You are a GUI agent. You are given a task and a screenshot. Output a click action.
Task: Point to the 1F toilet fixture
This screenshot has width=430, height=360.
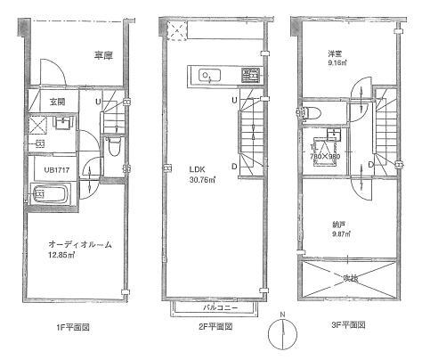pyautogui.click(x=114, y=148)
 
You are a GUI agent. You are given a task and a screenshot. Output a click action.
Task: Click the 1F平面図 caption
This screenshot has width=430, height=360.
pyautogui.click(x=72, y=327)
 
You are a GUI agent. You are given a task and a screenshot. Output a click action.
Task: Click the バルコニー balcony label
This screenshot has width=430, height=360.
pyautogui.click(x=215, y=307)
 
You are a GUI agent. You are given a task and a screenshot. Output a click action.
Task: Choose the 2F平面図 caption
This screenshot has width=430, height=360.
pyautogui.click(x=214, y=327)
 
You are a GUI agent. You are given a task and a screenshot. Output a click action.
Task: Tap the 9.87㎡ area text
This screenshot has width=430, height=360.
pyautogui.click(x=342, y=235)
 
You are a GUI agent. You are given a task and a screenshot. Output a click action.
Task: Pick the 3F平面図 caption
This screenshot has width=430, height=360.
pyautogui.click(x=353, y=327)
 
